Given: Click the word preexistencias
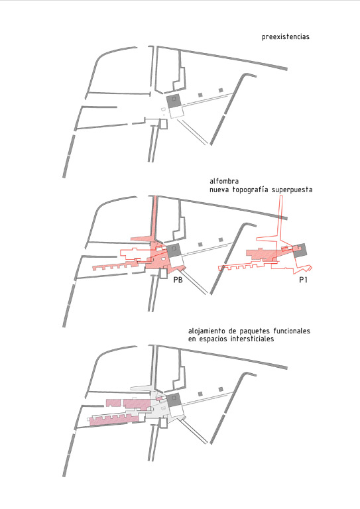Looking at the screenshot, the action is (285, 36).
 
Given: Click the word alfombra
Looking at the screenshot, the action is (224, 181).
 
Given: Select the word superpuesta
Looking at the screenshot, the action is (292, 190).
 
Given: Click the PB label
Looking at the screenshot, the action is (178, 280).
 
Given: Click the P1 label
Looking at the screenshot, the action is (303, 280).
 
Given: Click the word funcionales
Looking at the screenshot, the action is (292, 331).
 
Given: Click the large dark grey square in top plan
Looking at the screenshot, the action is (174, 101).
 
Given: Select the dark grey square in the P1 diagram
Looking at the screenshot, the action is (300, 251).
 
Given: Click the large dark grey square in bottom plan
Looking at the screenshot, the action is (173, 398).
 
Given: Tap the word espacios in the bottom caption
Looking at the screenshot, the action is (212, 339).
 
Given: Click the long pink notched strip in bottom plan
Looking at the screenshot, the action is (114, 420).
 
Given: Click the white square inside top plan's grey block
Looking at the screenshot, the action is (174, 98).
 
